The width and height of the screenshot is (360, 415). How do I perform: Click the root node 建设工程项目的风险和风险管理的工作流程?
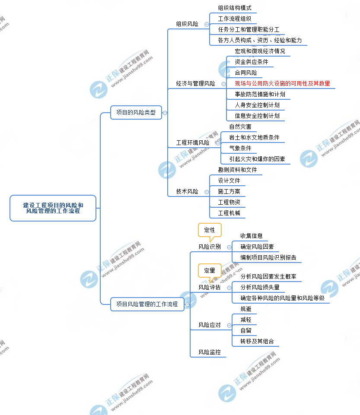(x=53, y=208)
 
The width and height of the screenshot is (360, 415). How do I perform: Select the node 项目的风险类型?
(x=136, y=113)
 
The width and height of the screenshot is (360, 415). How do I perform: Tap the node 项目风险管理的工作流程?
(x=147, y=304)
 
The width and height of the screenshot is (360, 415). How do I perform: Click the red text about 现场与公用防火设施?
(x=282, y=84)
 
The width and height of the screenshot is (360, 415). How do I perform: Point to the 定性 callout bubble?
(x=210, y=230)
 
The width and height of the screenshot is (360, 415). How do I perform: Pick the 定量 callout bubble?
(x=210, y=271)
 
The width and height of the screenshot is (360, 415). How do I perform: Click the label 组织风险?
(x=187, y=24)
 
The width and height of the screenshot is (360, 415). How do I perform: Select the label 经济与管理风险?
(x=195, y=84)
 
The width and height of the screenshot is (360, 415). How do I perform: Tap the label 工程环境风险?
(x=193, y=143)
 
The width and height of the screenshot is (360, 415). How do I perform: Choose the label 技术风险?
(x=187, y=191)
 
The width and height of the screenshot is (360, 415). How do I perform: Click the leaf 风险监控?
(x=210, y=352)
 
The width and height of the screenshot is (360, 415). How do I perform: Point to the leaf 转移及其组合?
(x=257, y=341)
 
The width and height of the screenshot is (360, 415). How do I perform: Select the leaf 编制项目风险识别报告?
(x=268, y=258)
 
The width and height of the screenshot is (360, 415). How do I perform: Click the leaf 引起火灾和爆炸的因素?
(x=257, y=159)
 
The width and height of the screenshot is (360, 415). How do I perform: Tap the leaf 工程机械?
(x=229, y=213)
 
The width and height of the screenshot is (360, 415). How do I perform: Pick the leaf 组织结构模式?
(x=235, y=8)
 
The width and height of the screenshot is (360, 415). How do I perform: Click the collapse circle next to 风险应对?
(x=229, y=325)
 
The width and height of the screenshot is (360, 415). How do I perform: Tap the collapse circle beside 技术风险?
(x=207, y=192)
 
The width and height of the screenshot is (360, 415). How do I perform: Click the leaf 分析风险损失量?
(x=260, y=287)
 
